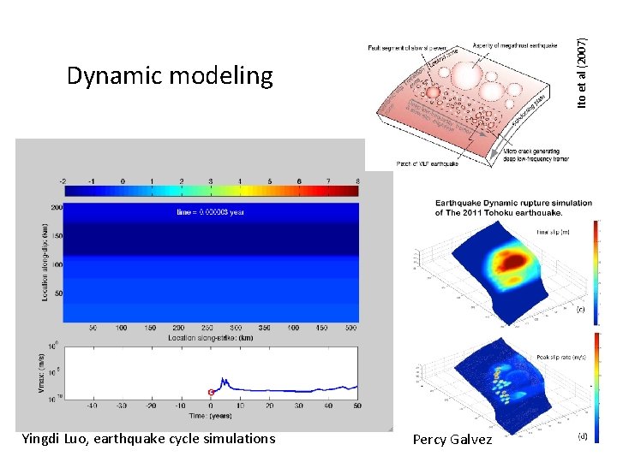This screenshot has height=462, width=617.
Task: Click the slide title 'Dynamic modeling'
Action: coord(170,76)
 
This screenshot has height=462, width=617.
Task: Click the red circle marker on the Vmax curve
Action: coord(211,392)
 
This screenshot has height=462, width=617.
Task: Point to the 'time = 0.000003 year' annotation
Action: coord(211,212)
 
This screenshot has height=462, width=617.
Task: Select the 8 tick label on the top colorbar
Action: coord(356,181)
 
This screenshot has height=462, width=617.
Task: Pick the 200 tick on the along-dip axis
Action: coord(56,207)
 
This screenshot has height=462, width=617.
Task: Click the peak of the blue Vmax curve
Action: coord(223,378)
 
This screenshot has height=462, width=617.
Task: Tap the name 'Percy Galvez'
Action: coord(452,440)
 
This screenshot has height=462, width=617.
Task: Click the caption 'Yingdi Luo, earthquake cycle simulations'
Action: coord(148,439)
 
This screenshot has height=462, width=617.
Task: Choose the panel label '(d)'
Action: coord(580,436)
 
